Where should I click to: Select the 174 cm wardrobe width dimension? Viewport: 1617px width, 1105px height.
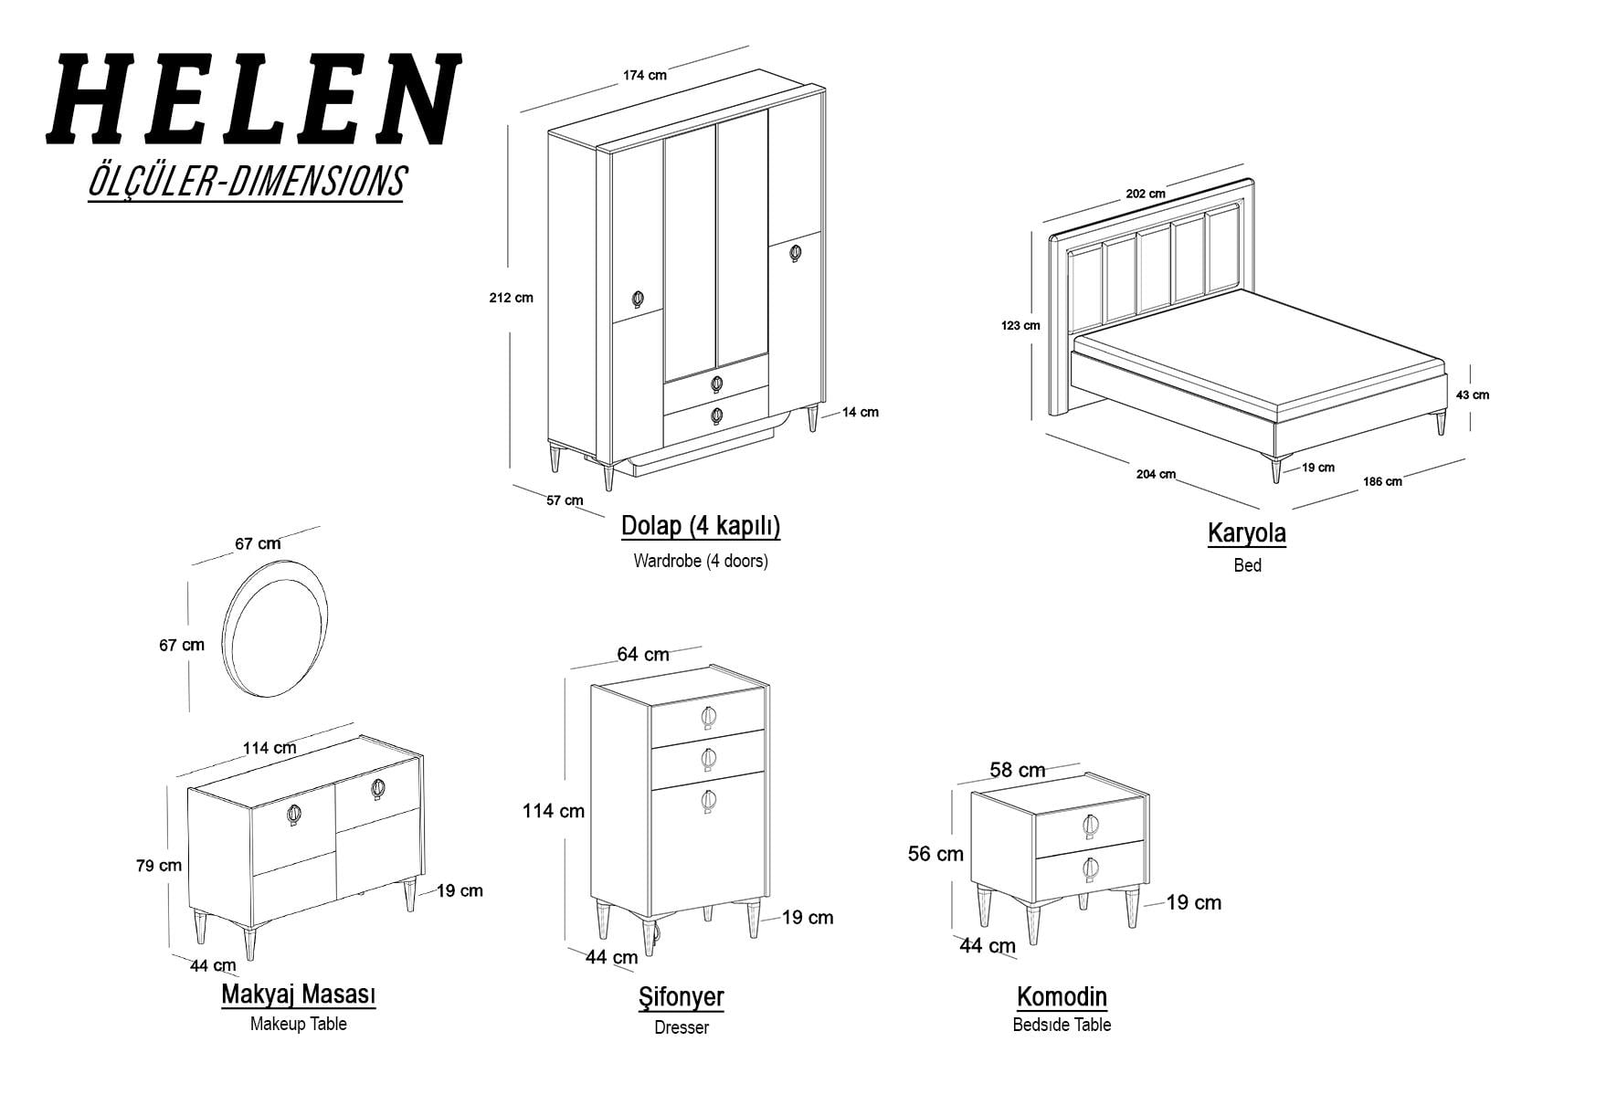645,75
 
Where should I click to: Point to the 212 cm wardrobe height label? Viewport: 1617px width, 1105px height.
512,298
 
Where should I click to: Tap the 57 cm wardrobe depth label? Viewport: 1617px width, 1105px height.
565,500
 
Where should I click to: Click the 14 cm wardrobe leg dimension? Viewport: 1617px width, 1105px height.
861,413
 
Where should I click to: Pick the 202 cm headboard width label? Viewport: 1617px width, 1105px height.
1146,194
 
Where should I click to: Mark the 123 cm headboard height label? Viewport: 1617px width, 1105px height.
1020,325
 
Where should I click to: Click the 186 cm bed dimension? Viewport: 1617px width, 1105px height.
1382,481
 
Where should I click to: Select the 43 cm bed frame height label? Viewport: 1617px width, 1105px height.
1472,395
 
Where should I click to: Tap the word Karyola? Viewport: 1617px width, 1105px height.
1247,533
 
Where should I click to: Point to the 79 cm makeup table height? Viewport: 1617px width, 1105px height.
159,866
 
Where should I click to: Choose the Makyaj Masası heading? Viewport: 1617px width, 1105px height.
299,994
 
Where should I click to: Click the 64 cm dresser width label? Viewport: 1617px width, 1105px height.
643,655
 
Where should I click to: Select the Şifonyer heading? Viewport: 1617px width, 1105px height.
682,997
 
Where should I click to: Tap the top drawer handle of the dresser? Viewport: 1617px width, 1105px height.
709,718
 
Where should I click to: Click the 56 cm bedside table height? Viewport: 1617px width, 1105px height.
935,854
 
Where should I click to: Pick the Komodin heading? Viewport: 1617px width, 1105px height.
1062,996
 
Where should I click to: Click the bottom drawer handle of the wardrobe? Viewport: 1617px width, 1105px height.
716,416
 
